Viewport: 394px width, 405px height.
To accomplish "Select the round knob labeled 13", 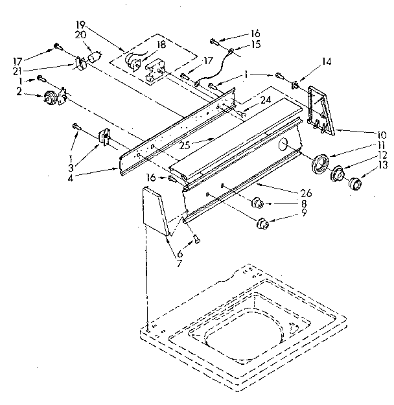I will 355,186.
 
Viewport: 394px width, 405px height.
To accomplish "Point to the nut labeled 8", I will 256,203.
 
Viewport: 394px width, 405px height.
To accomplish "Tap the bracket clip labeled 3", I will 104,137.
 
